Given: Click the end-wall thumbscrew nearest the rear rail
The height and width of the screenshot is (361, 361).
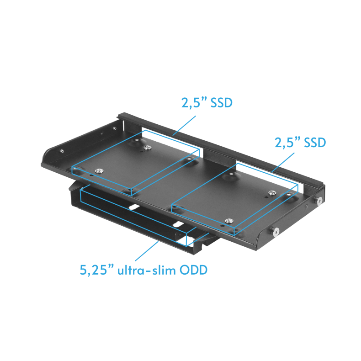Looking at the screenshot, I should (x=320, y=200).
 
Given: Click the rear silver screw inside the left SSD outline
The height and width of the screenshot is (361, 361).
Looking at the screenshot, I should (x=147, y=147).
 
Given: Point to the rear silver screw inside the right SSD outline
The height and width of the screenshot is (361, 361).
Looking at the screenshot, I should (x=272, y=192).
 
